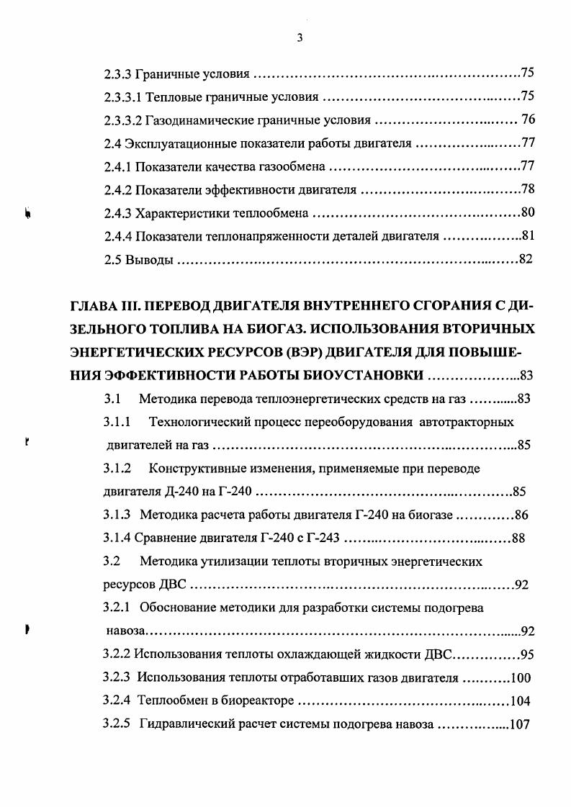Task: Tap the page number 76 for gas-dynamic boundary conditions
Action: (528, 120)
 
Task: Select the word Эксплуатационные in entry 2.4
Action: (168, 143)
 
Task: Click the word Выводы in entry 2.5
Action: (149, 260)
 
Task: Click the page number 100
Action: (520, 678)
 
